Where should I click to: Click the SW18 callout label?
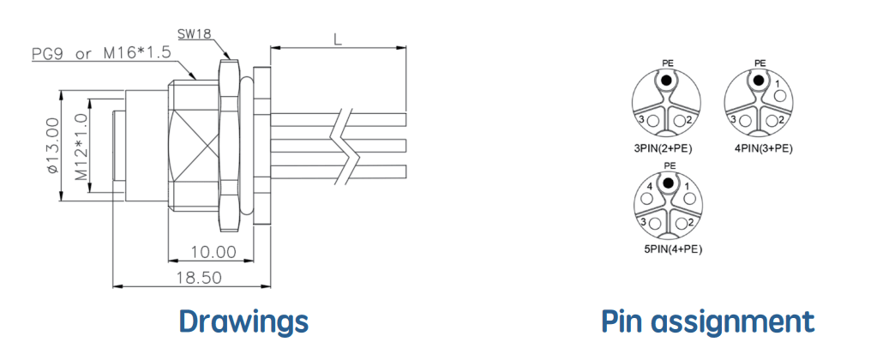coord(195,34)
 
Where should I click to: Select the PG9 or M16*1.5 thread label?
coord(101,54)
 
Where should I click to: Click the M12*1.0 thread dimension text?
coord(81,147)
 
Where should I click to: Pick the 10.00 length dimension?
coord(213,252)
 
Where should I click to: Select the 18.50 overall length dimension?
coord(200,278)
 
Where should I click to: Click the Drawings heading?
coord(243,321)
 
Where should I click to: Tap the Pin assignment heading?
coord(708,321)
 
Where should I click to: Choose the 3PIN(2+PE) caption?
coord(664,148)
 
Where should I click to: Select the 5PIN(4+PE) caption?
coord(673,249)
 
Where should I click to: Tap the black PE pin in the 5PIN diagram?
coord(669,183)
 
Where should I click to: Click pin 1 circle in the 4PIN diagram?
coord(780,95)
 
